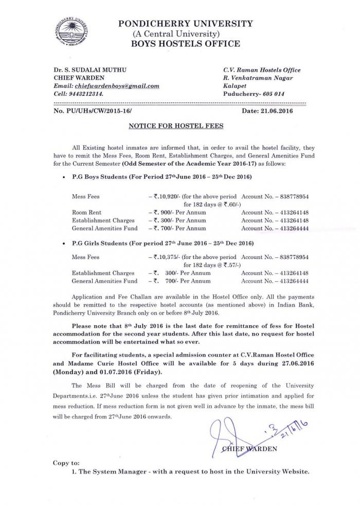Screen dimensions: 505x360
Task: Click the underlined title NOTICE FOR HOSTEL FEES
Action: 178,125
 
